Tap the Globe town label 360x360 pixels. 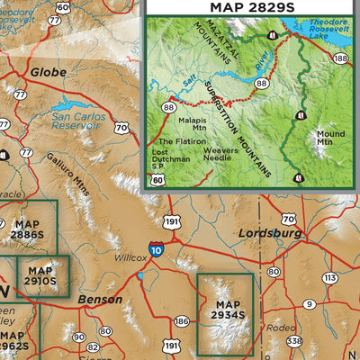[x=49, y=71]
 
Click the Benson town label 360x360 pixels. [x=101, y=298]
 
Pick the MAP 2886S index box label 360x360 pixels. [x=27, y=229]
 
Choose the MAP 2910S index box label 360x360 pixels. [x=41, y=275]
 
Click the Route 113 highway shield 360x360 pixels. [x=329, y=278]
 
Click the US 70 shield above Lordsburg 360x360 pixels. [x=288, y=219]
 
